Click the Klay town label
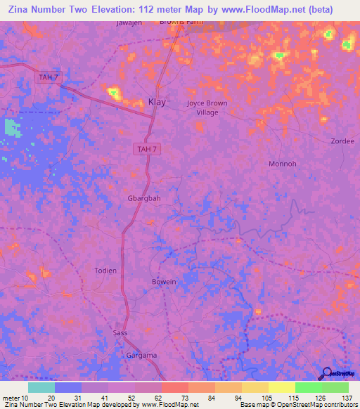pos(157,102)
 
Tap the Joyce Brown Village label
pos(207,108)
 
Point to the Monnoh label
pos(283,164)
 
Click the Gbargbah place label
pos(144,198)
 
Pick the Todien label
pos(105,271)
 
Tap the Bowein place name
pos(164,282)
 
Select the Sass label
pos(120,332)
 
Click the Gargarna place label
pos(141,356)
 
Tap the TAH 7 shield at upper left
pos(45,76)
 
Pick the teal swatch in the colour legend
pos(41,387)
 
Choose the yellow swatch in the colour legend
pos(281,387)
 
